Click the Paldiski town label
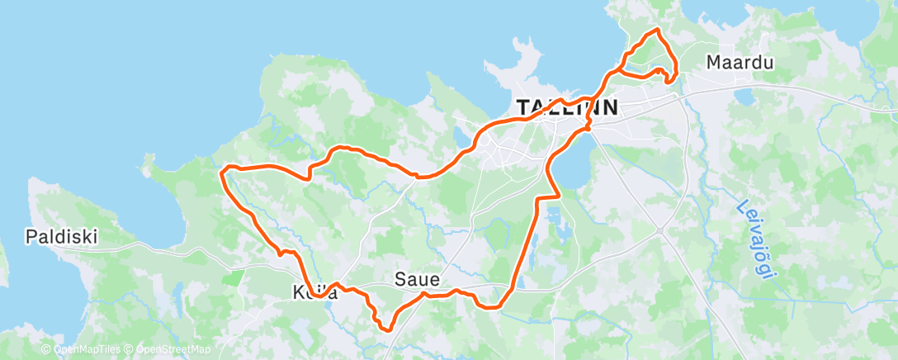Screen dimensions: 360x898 coord(61,237)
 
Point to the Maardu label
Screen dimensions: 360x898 coord(734,62)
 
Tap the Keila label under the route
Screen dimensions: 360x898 coord(314,292)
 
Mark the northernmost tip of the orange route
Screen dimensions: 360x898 coord(657,30)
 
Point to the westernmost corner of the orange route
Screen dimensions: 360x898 coord(222,171)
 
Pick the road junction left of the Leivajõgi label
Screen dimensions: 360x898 coord(661,230)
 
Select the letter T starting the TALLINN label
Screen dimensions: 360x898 coord(523,107)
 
